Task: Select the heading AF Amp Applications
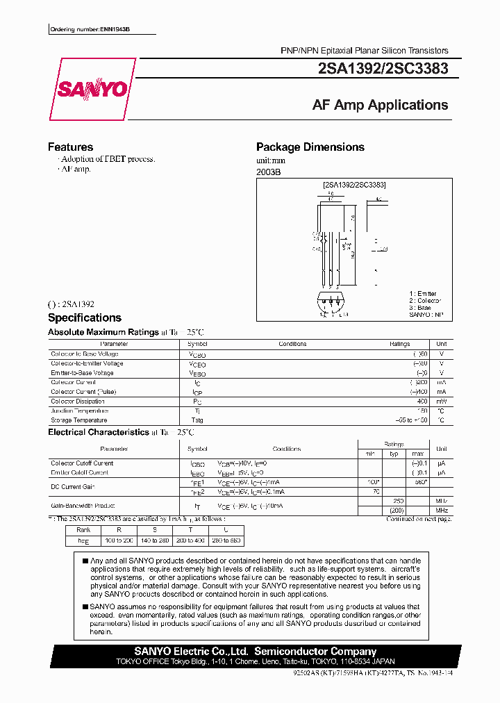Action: click(380, 105)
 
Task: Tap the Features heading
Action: click(70, 147)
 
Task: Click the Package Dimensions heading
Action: click(310, 147)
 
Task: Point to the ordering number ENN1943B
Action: click(90, 30)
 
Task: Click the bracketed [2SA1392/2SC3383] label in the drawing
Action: click(354, 185)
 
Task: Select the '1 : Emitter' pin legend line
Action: click(424, 294)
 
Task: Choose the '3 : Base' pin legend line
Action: click(420, 308)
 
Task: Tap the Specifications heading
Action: click(84, 317)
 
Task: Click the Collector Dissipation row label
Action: click(78, 402)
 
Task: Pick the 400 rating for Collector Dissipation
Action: click(422, 402)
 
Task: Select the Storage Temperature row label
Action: click(78, 420)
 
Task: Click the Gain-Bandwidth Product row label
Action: click(83, 506)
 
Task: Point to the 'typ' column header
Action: click(394, 454)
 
